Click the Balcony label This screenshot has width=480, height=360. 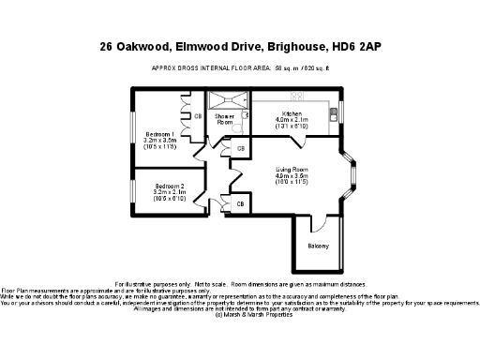pos(318,246)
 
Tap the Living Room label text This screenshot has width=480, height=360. pos(292,169)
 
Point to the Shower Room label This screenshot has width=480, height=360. pos(225,120)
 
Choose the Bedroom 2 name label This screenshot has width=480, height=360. pos(170,185)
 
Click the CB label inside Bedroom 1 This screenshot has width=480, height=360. pos(198,115)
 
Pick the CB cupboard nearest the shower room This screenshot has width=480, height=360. pos(240,149)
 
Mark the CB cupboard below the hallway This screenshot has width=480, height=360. pos(240,203)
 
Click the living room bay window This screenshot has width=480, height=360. pos(353,176)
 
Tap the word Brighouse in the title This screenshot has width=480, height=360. pos(291,46)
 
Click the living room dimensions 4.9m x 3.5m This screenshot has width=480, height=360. pos(292,175)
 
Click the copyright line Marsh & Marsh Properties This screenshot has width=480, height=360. pos(240,315)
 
